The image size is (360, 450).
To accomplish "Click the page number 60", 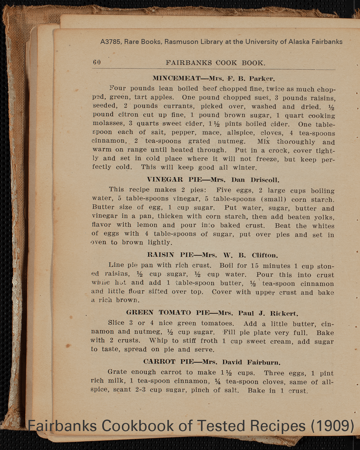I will (x=97, y=62).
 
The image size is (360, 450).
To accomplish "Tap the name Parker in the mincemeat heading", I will (x=262, y=78).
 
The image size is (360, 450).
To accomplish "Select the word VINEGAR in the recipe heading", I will (x=165, y=180).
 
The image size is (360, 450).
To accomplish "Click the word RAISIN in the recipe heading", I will (x=161, y=255).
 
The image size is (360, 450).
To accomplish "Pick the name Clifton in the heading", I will (x=265, y=255).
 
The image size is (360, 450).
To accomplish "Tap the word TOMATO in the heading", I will (x=175, y=313).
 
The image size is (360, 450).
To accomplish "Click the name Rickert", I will (x=284, y=314).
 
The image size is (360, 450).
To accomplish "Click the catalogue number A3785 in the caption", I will (x=111, y=42).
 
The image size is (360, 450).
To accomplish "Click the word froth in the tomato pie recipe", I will (x=209, y=341).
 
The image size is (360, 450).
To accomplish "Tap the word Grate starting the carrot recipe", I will (x=117, y=372).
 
